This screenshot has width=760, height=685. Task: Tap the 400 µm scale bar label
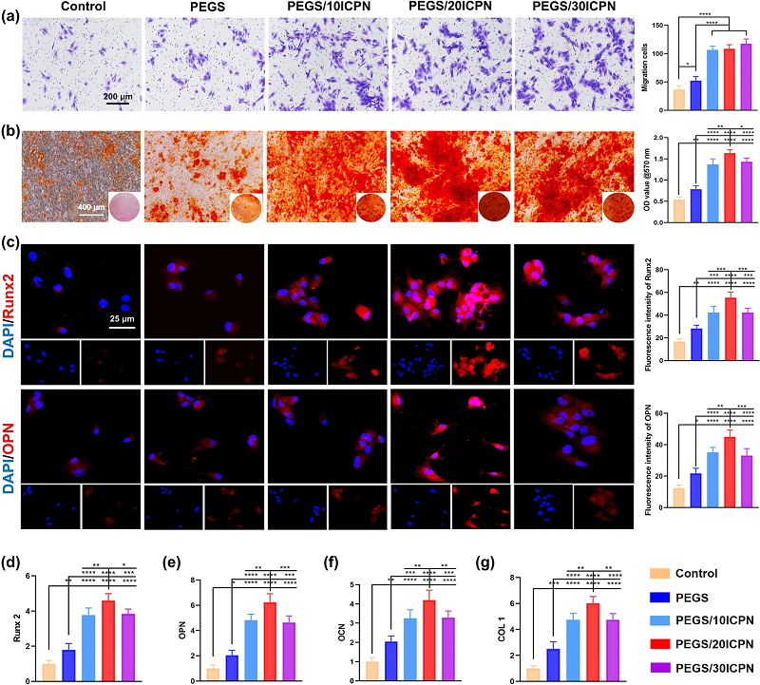pyautogui.click(x=91, y=206)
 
